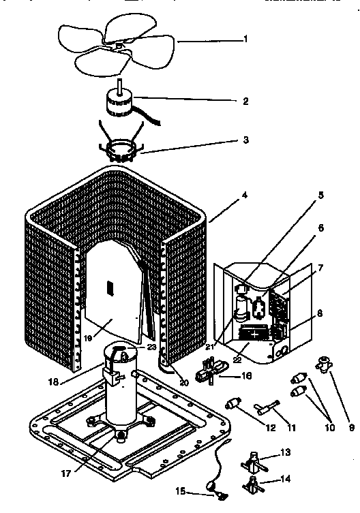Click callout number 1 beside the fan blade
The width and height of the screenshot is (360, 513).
[245, 39]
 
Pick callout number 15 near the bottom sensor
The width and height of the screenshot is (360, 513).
[181, 491]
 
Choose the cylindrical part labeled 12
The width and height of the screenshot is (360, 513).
[235, 404]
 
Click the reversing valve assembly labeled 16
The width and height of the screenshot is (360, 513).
[207, 374]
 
